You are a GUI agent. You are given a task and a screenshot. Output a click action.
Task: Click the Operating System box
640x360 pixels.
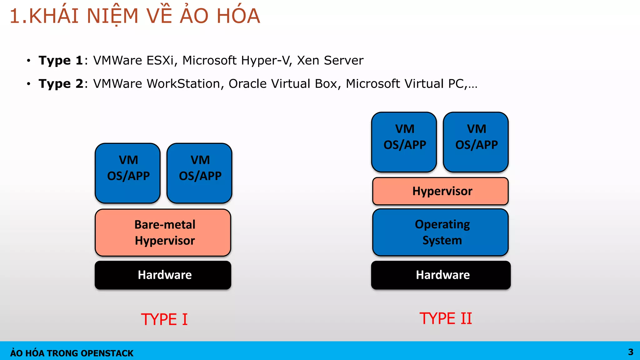[441, 232]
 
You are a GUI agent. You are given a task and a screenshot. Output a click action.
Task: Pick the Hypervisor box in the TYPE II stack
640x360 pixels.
[441, 191]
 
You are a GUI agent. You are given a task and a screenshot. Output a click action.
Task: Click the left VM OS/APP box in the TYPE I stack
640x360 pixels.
[128, 173]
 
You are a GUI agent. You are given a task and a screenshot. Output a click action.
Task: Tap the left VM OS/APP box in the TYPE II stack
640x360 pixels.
[404, 142]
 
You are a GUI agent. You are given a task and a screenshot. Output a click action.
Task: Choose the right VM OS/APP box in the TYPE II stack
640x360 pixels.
[476, 142]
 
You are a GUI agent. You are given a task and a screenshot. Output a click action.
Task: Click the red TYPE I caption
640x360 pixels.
[164, 319]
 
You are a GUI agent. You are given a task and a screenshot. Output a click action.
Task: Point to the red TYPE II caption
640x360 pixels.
[446, 318]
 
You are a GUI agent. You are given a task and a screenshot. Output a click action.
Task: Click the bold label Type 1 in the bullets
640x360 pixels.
[61, 60]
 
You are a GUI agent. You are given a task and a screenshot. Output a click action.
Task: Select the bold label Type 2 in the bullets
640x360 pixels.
[61, 84]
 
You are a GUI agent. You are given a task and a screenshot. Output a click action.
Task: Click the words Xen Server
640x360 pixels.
[330, 60]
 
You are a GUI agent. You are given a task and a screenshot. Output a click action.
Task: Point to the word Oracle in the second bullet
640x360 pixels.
[247, 84]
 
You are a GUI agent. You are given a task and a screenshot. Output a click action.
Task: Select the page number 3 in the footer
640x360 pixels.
[631, 352]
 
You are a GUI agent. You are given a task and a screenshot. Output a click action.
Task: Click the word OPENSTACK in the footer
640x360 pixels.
[107, 353]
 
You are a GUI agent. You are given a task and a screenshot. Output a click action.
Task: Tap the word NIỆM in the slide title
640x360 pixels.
[112, 16]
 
